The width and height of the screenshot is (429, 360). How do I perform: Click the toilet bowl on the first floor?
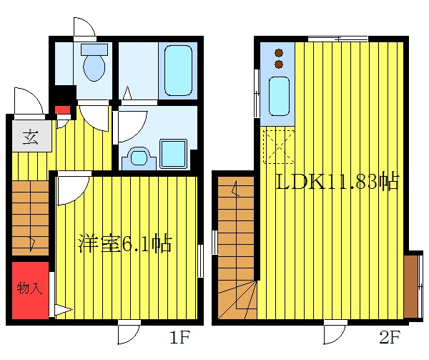point(94,66)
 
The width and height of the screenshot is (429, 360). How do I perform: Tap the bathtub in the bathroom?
point(177,71)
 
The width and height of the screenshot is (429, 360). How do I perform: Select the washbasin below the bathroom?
point(137,157)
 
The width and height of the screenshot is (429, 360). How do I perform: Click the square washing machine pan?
point(172,153)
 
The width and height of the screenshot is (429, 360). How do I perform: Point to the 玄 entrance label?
point(31,137)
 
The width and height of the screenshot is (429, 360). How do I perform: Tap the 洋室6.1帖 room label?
point(124,245)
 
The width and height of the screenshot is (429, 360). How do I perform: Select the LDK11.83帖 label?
point(337,182)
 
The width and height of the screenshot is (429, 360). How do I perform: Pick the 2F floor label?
point(389,336)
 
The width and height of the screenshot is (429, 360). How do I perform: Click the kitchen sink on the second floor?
point(278,96)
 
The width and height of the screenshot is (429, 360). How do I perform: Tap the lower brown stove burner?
point(278,64)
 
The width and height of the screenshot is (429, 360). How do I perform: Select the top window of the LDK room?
point(337,37)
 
